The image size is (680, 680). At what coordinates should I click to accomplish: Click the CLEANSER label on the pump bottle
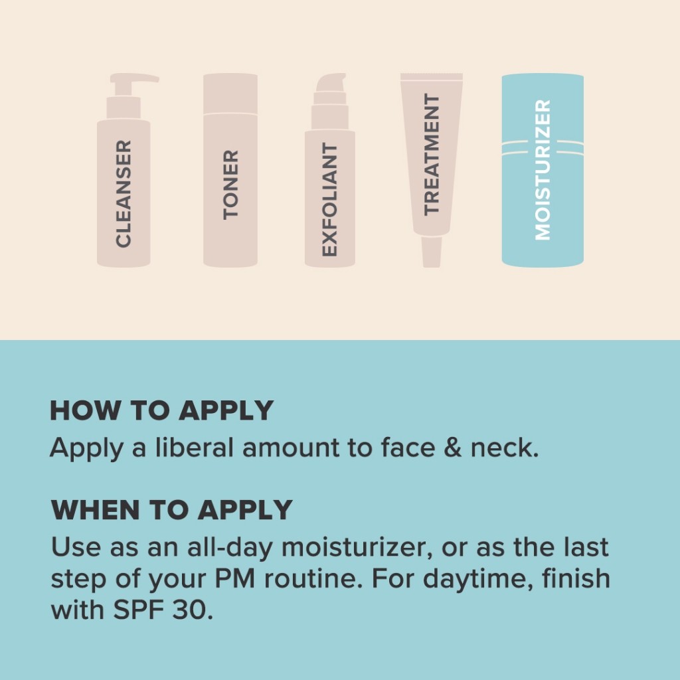123,193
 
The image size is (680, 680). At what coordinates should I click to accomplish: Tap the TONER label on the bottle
230,185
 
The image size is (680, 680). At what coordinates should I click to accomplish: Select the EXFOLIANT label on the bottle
329,199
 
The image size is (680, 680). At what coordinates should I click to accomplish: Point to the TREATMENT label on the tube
432,154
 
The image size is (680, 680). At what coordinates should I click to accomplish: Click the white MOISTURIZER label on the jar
543,169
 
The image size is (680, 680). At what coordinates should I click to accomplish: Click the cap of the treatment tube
432,252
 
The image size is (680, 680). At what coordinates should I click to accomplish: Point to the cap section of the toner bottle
230,94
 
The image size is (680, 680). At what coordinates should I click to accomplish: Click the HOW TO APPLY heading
162,410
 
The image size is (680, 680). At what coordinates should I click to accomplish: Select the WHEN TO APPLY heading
172,509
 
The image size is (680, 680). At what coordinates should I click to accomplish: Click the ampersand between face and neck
453,448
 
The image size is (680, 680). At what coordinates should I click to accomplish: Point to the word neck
505,447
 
